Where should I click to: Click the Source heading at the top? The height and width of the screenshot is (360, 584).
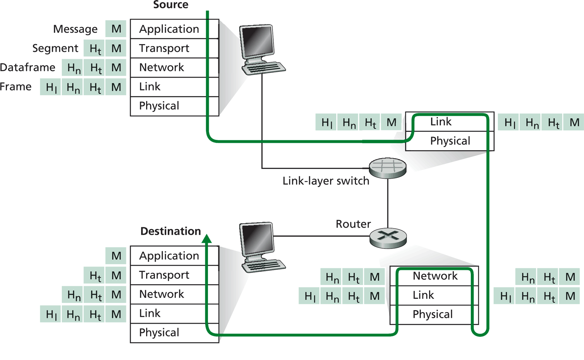coord(170,5)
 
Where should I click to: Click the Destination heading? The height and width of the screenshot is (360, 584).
coord(170,231)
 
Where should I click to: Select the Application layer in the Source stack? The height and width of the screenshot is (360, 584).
coord(169,29)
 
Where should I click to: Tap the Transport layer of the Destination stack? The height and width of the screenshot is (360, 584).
coord(164,275)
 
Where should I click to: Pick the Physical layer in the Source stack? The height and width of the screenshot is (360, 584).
coord(159,106)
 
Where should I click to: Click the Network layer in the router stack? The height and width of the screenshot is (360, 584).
coord(435,276)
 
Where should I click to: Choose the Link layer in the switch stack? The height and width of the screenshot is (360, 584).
coord(441,122)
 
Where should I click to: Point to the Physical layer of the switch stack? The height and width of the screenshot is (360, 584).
coord(450,141)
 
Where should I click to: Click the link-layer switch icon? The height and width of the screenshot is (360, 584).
coord(388,168)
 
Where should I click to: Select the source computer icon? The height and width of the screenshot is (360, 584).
coord(260,48)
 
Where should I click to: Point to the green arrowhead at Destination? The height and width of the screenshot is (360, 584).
coord(207,239)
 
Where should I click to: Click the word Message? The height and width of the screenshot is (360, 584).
coord(75,29)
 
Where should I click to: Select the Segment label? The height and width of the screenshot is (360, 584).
coord(55,48)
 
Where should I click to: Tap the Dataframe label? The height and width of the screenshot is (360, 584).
coord(27,68)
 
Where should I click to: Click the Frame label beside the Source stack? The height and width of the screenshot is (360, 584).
coord(15,87)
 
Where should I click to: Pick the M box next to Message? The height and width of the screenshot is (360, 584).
coord(116,29)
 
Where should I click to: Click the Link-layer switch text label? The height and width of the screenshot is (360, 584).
coord(325,181)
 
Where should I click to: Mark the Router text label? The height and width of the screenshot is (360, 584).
coord(353,224)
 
